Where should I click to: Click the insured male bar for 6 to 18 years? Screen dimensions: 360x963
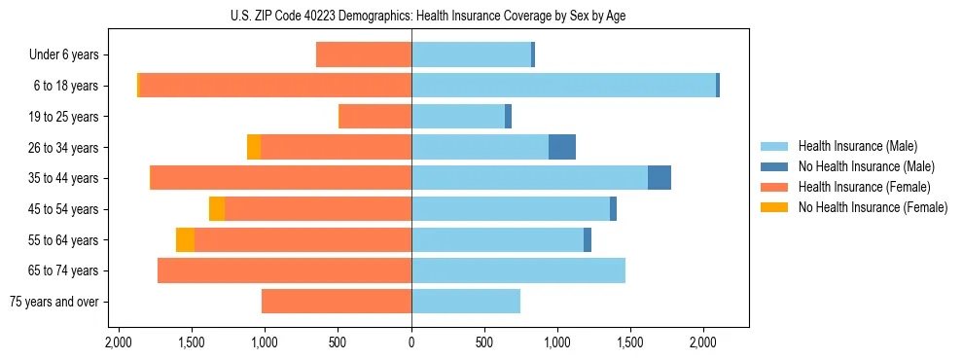[x=563, y=86]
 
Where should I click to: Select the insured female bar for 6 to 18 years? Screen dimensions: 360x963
[x=275, y=86]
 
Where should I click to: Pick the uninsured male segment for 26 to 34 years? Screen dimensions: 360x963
[x=562, y=147]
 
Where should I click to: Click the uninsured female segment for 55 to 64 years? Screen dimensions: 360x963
[x=185, y=239]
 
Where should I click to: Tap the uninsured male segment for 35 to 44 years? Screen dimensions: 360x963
[x=660, y=178]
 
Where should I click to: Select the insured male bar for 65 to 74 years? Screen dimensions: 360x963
[x=518, y=270]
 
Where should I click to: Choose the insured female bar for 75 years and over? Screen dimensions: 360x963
[x=337, y=302]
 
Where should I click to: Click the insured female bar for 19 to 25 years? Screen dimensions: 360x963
[x=374, y=117]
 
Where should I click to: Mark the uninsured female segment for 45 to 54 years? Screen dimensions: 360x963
[x=217, y=209]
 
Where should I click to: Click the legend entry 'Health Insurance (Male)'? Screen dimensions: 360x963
[x=852, y=147]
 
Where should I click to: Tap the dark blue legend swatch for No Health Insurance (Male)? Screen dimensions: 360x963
[x=775, y=167]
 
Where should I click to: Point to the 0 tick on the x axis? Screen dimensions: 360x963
[x=411, y=342]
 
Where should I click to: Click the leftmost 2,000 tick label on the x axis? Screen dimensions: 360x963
[x=118, y=342]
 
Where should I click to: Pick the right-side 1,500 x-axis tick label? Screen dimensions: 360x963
[x=630, y=342]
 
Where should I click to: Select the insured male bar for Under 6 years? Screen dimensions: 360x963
[x=471, y=55]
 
